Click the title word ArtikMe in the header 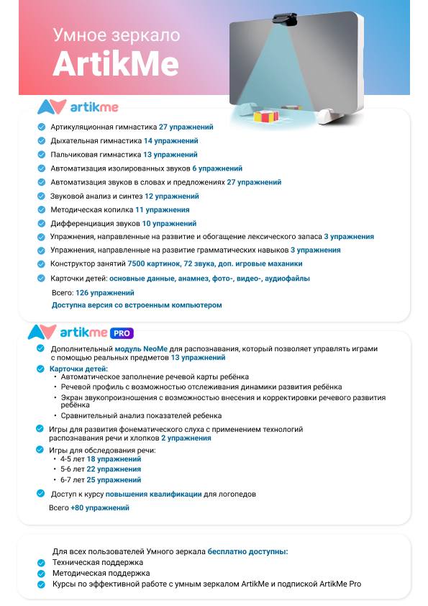(116, 64)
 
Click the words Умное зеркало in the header (117, 35)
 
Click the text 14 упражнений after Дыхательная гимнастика (170, 141)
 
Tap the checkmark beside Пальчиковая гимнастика (41, 155)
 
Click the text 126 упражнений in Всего (104, 293)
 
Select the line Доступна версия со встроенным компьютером (137, 305)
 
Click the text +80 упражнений (100, 507)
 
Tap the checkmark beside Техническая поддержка (41, 563)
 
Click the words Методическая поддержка (101, 573)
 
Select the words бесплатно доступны (247, 551)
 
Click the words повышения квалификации (153, 494)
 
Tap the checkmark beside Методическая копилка (41, 209)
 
